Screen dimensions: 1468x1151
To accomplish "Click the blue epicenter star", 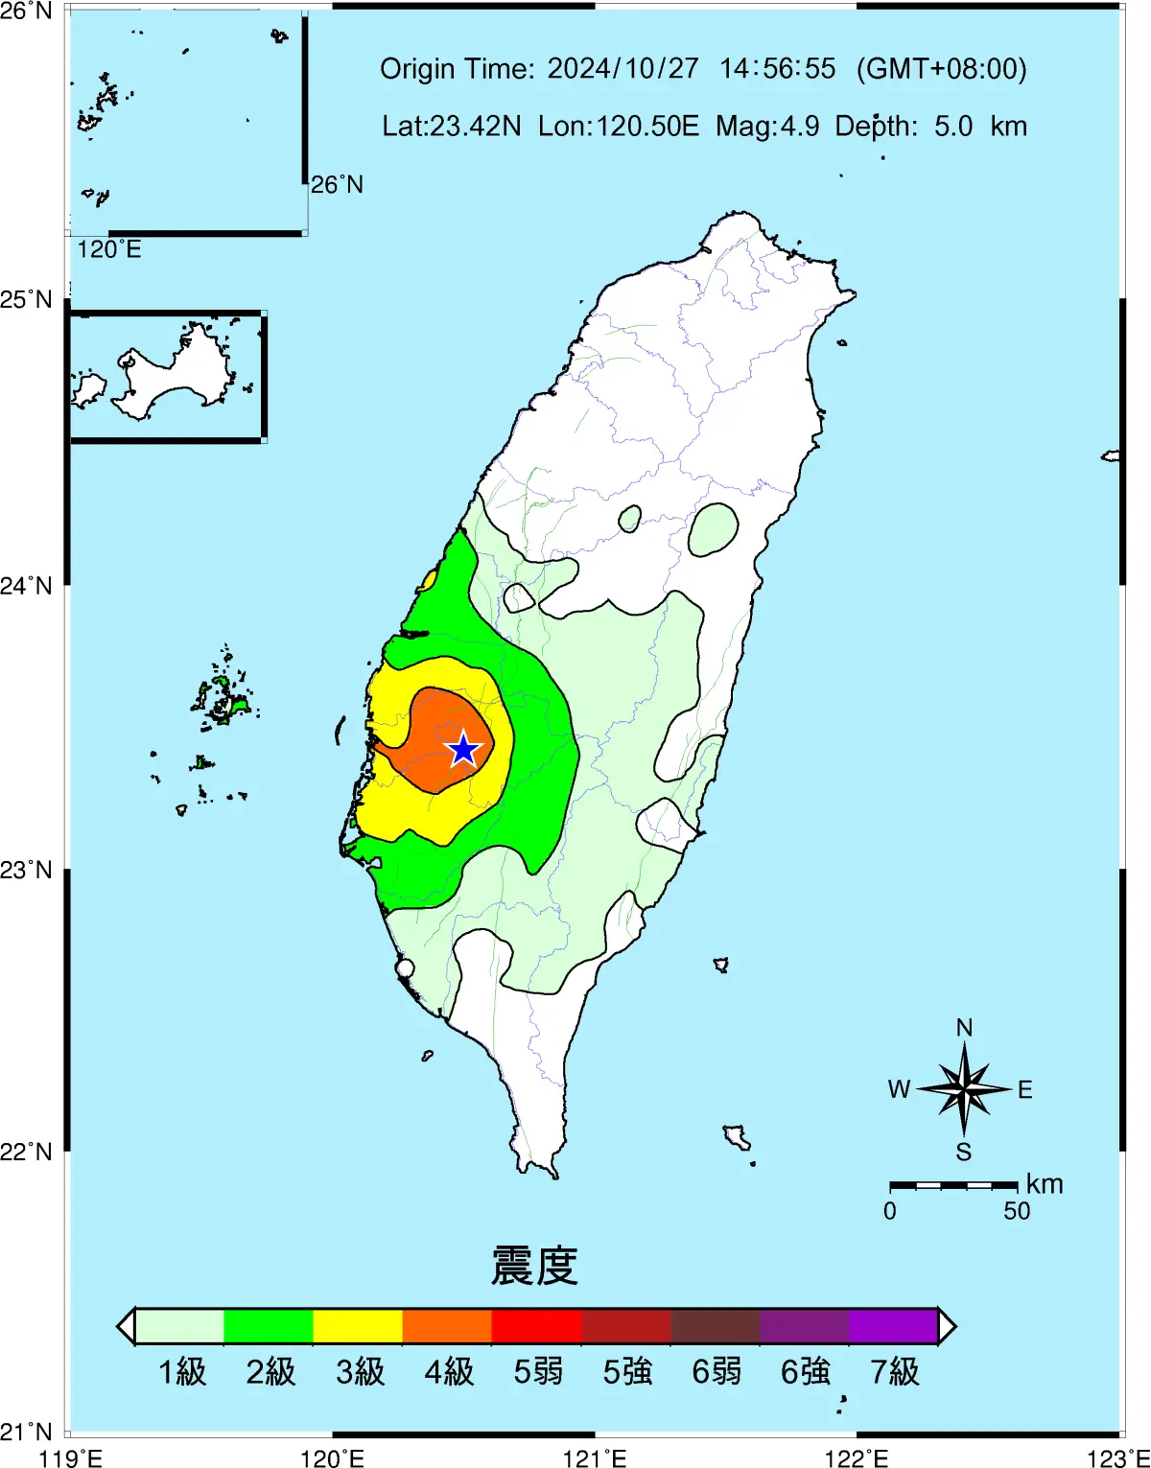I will (464, 750).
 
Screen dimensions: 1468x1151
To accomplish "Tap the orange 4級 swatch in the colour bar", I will (447, 1326).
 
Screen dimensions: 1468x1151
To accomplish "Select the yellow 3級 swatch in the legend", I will (358, 1326).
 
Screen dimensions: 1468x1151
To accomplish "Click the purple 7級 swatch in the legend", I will (893, 1326).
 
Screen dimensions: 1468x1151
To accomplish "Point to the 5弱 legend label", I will (538, 1372).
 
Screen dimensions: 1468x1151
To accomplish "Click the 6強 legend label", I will (806, 1372).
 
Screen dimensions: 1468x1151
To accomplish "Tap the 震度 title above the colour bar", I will (534, 1266).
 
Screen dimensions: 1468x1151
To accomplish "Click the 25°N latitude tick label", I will (27, 300).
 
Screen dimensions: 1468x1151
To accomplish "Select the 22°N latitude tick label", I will (27, 1151).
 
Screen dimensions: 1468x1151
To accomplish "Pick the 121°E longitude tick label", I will (595, 1458).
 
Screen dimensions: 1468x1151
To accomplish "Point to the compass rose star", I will (963, 1088).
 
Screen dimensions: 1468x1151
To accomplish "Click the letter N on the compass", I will (964, 1028).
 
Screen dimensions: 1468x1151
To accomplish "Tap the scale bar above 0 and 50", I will (953, 1186).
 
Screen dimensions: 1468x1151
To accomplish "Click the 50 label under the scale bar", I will (1017, 1211).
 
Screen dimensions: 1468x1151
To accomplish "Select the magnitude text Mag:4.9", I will (767, 127).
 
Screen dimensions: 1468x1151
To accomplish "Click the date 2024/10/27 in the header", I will (623, 69).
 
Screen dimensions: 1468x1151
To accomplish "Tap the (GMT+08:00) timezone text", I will (941, 69).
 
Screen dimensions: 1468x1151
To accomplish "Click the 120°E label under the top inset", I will (109, 249).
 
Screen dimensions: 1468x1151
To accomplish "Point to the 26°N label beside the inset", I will (337, 184).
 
